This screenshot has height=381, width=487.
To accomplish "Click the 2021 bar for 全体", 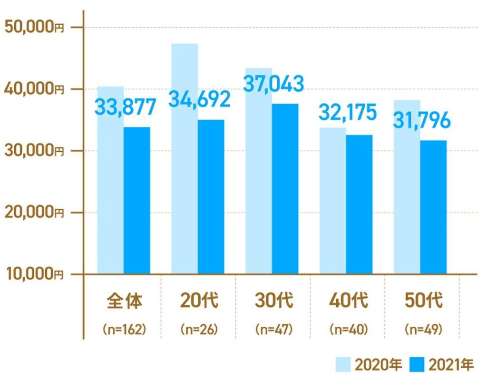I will point(136,200).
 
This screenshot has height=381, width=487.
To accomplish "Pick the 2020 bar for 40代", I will point(333,200).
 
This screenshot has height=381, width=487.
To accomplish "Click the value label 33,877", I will point(126,107).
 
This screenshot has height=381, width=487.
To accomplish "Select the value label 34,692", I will point(200,98).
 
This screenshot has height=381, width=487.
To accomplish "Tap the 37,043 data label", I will point(273,84).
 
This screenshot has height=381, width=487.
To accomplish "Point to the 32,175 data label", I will point(347,113).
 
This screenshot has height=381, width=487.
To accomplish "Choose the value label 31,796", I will point(421,120).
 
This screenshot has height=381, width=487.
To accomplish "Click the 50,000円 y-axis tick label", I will point(34,27).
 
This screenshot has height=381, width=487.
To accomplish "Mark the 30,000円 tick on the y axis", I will point(34,151).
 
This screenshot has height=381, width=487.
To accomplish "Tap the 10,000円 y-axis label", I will point(34,274).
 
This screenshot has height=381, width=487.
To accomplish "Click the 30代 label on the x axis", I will point(273,301).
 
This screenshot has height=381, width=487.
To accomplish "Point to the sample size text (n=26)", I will point(199,329).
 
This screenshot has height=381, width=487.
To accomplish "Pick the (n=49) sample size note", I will point(421,329).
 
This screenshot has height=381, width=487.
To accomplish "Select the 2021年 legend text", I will point(451,365).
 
